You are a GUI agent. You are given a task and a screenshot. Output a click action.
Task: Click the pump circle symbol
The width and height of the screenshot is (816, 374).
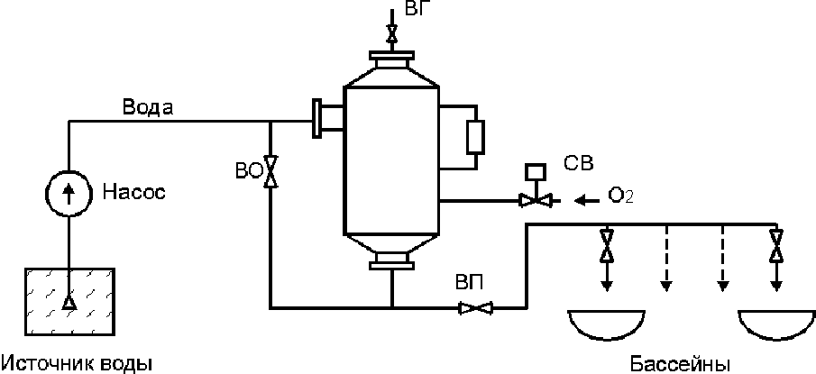[x=69, y=191]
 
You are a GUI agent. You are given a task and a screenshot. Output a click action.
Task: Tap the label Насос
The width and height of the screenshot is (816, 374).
[x=134, y=193]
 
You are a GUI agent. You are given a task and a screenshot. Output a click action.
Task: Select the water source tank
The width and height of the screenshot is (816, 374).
[x=69, y=302]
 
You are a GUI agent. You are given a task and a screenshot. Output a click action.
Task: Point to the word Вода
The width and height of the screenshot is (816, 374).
[x=148, y=107]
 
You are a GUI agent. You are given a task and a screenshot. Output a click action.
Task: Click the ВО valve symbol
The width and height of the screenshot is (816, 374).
[x=270, y=171]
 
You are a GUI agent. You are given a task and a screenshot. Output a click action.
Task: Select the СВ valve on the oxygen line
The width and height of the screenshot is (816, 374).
[x=536, y=193]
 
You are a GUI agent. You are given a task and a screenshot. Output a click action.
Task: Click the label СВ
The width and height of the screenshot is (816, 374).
[x=578, y=163]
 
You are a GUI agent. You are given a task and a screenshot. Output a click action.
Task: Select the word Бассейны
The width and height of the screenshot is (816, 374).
[x=680, y=364]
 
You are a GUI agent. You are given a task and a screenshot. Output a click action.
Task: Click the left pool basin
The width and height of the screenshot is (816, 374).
[x=606, y=324]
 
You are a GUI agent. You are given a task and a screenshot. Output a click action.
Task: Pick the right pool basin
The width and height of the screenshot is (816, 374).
[x=777, y=324]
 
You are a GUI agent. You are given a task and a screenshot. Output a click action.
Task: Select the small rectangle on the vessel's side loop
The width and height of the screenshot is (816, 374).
[x=476, y=137]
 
